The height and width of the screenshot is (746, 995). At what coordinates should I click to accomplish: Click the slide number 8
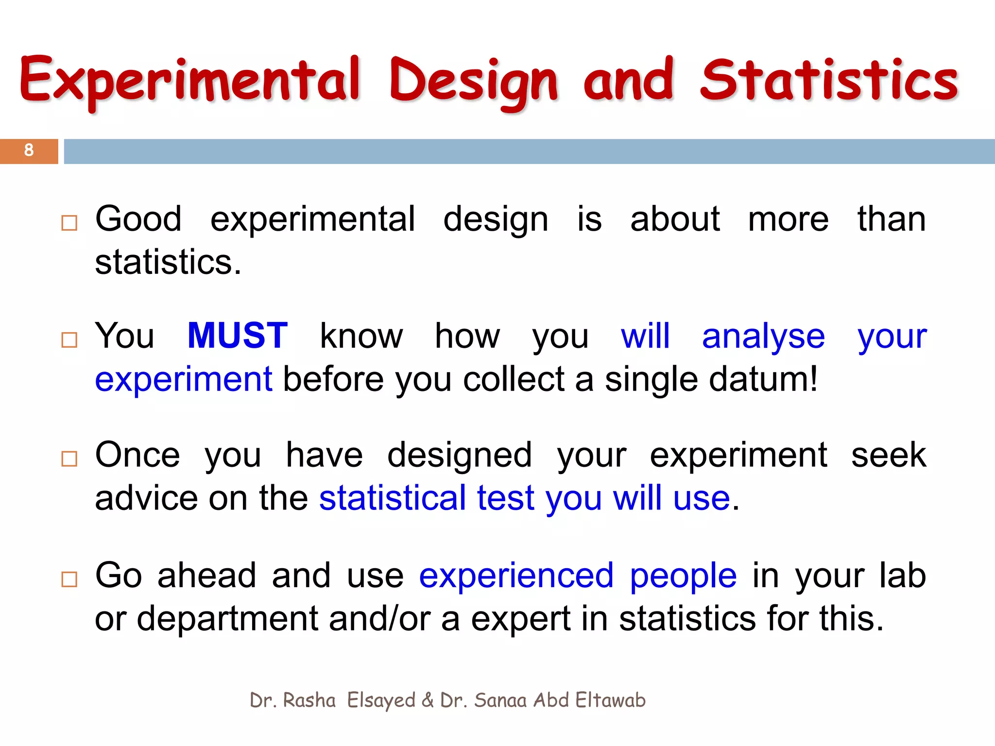[x=29, y=150]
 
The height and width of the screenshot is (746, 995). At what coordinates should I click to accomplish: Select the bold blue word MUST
[x=238, y=336]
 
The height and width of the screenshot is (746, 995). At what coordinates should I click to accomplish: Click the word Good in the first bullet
[x=138, y=219]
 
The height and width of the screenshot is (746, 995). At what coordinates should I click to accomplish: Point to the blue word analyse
[x=763, y=337]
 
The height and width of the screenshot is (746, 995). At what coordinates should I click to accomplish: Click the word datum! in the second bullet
[x=763, y=380]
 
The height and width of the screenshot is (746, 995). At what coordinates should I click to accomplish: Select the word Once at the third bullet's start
[x=137, y=456]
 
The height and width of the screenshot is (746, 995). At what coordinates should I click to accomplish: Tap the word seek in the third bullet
[x=889, y=456]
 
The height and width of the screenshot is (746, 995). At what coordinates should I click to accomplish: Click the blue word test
[x=505, y=498]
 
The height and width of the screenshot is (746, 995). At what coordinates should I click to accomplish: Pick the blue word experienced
[x=516, y=576]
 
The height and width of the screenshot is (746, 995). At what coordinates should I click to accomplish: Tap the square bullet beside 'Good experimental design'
[x=69, y=223]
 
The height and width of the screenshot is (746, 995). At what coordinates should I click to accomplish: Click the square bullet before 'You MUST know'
[x=69, y=340]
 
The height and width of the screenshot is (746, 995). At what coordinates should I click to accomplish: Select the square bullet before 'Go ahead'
[x=69, y=579]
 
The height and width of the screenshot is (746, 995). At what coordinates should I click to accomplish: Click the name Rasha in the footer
[x=309, y=700]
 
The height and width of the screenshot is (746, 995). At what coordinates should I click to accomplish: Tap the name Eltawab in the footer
[x=610, y=700]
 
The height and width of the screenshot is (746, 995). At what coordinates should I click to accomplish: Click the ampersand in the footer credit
[x=428, y=700]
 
